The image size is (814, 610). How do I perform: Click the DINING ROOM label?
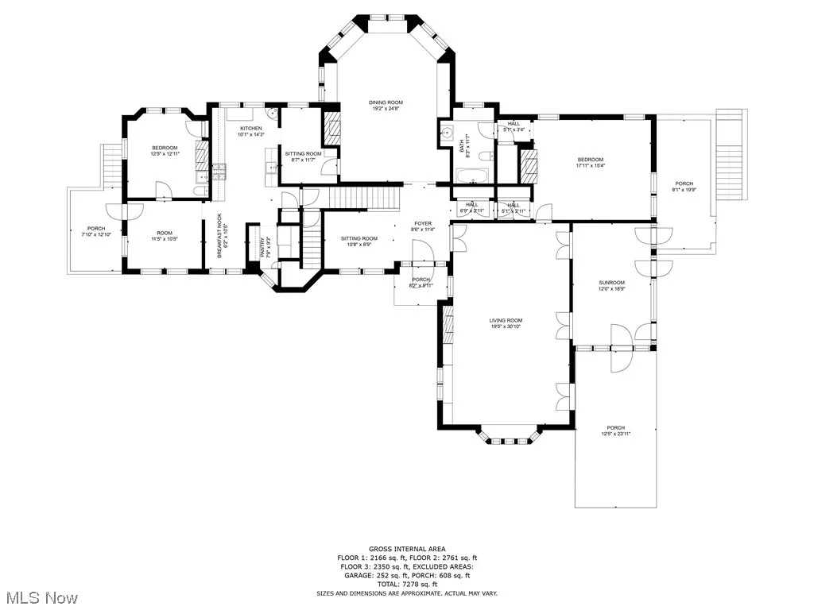pos(386,102)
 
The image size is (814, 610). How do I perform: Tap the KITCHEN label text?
pos(251,129)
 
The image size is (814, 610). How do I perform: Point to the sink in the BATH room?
pos(446,133)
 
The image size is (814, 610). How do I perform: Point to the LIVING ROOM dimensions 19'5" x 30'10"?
pos(506,326)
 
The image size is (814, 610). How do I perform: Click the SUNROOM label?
pos(611,283)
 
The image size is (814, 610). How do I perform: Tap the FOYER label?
pos(423,224)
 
